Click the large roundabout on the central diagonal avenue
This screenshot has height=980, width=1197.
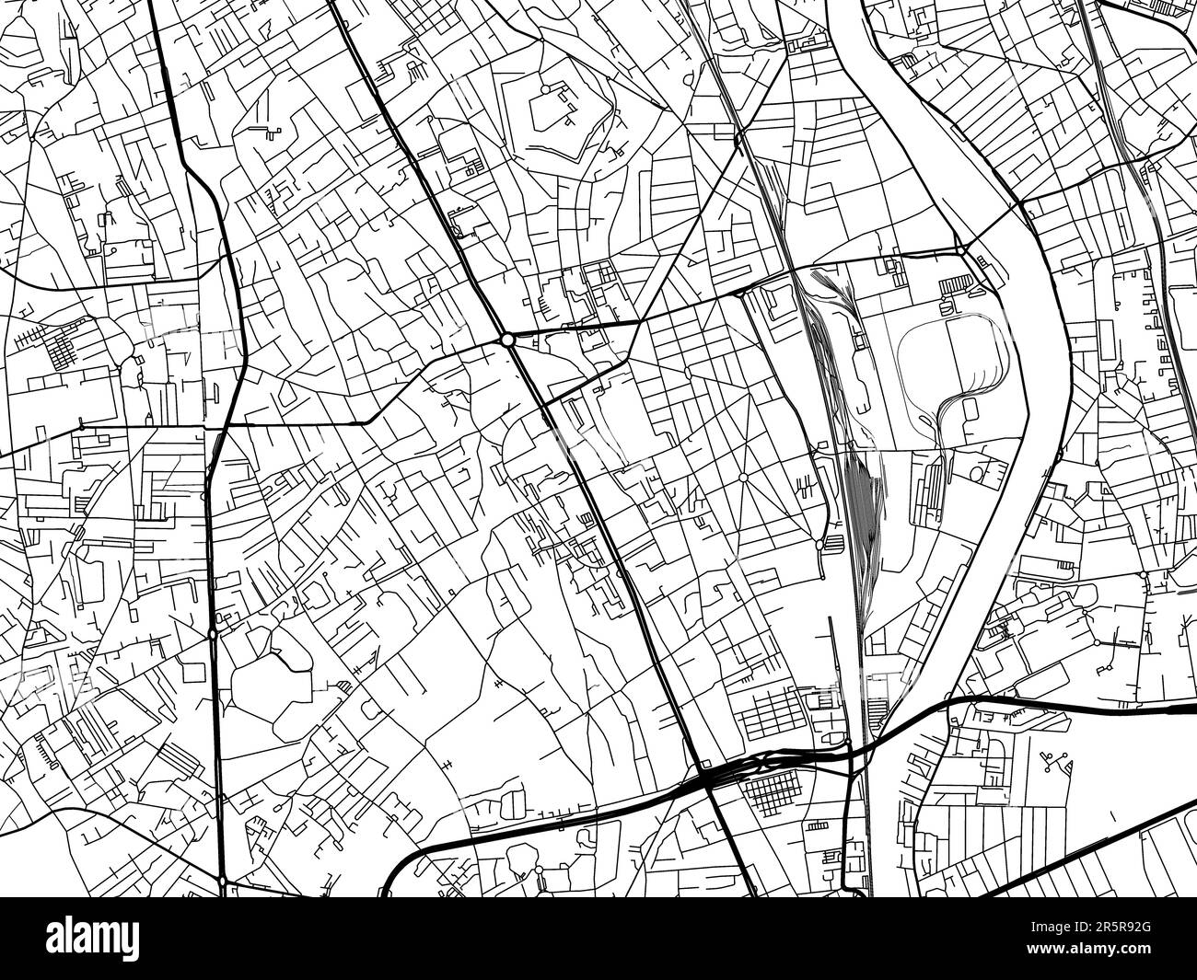[x=508, y=340]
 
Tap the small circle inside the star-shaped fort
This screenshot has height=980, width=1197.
[x=545, y=88]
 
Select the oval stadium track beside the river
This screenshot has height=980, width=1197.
[x=948, y=354]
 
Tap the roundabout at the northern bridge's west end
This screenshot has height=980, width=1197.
[x=960, y=249]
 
